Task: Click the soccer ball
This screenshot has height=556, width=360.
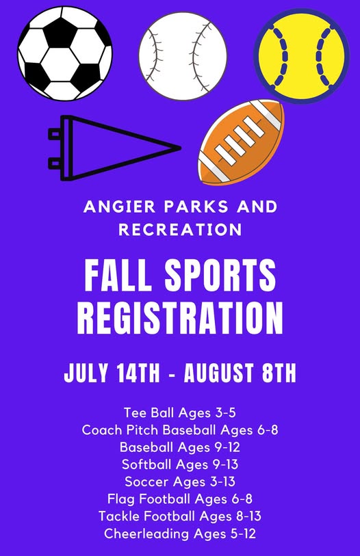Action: pyautogui.click(x=65, y=53)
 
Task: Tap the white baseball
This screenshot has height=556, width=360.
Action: pyautogui.click(x=183, y=56)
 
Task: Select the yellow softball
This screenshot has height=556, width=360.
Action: pyautogui.click(x=301, y=56)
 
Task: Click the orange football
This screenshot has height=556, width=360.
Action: pyautogui.click(x=242, y=142)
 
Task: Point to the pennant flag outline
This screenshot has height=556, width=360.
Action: pyautogui.click(x=114, y=148)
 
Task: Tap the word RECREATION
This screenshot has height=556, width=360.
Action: pyautogui.click(x=180, y=230)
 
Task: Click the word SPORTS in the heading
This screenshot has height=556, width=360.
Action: pyautogui.click(x=220, y=275)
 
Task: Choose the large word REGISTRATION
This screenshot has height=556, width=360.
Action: pyautogui.click(x=180, y=318)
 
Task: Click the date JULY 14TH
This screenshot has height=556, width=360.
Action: pyautogui.click(x=112, y=373)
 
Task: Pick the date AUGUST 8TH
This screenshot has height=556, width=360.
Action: pyautogui.click(x=240, y=373)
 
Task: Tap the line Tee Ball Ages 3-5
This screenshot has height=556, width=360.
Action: pyautogui.click(x=180, y=413)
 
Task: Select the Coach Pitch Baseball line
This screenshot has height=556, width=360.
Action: pyautogui.click(x=180, y=430)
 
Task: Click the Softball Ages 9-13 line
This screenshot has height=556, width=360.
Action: pyautogui.click(x=180, y=464)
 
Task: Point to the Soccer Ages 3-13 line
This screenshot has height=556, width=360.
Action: pyautogui.click(x=180, y=481)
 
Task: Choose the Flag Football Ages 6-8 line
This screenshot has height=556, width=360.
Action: pyautogui.click(x=180, y=499)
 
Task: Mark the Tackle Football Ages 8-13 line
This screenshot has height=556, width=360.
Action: pyautogui.click(x=180, y=516)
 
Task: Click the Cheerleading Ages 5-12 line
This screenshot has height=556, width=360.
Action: pyautogui.click(x=180, y=533)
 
